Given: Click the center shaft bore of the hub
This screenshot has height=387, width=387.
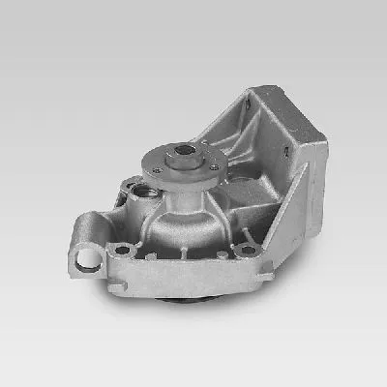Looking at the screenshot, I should pos(184,151).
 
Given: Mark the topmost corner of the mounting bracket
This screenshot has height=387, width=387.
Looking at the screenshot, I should pos(254,91).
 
